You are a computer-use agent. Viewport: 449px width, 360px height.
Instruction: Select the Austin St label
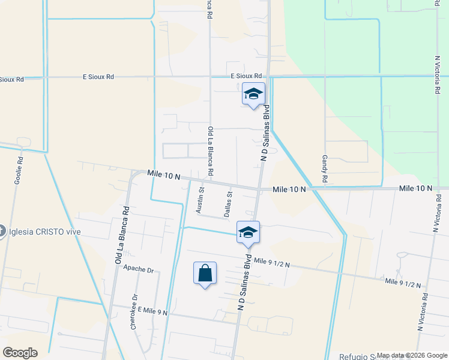pyautogui.click(x=201, y=200)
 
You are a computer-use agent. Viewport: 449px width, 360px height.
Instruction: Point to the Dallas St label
pyautogui.click(x=228, y=204)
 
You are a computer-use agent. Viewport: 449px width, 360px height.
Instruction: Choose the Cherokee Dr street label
pyautogui.click(x=134, y=311)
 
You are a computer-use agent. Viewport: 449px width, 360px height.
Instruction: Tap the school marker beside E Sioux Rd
pyautogui.click(x=253, y=94)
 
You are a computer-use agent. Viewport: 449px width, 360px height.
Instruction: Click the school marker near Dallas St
pyautogui.click(x=248, y=232)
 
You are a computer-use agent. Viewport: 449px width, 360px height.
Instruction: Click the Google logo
pyautogui.click(x=20, y=352)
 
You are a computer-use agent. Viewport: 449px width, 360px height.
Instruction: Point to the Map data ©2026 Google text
pyautogui.click(x=411, y=355)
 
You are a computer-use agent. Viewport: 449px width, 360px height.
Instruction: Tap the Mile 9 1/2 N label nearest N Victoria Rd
pyautogui.click(x=403, y=282)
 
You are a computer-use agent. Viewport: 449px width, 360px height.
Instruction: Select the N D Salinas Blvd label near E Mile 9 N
pyautogui.click(x=244, y=283)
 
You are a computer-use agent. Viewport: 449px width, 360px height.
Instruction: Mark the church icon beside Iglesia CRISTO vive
pyautogui.click(x=2, y=230)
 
